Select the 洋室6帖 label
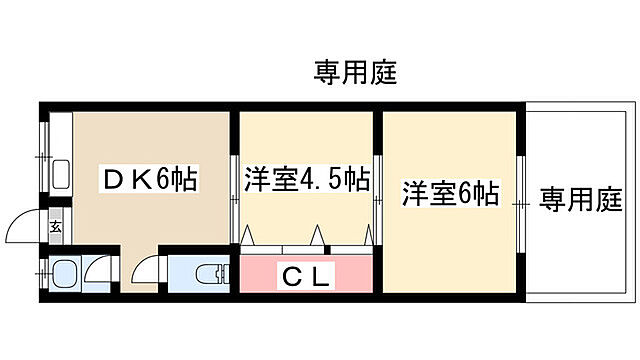[451, 192]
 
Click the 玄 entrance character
[56, 228]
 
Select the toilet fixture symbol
[208, 274]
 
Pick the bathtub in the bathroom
[66, 274]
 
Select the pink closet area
[306, 275]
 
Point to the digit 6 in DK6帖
[164, 179]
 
